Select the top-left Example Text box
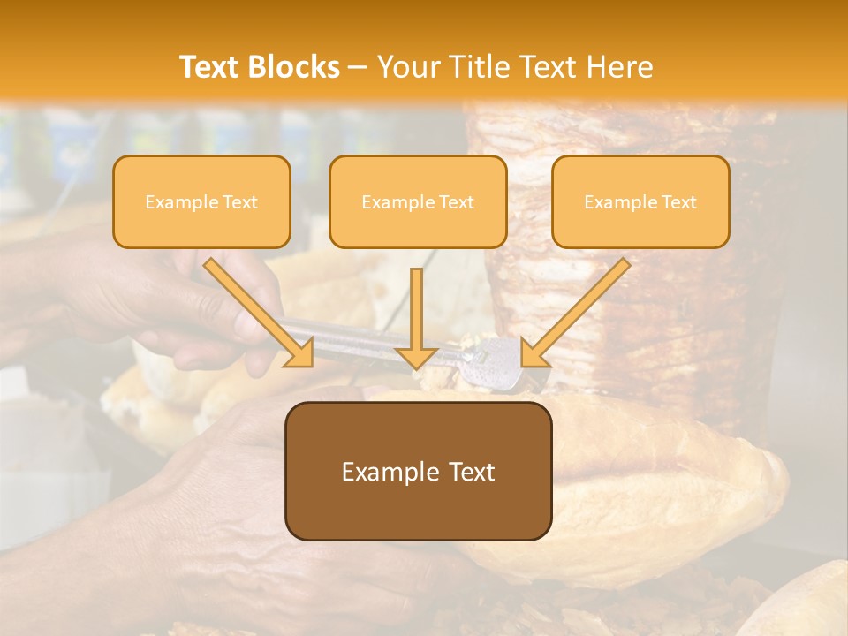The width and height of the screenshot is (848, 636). pos(201,202)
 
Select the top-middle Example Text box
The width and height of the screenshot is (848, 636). pos(418,202)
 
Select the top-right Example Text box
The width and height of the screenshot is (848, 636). pos(640,202)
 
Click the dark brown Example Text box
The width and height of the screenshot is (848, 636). pos(418,472)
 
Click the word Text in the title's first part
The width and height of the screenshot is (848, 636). pos(209,67)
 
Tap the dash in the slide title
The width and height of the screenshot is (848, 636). pos(358,67)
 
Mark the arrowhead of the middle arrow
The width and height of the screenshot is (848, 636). pos(417,357)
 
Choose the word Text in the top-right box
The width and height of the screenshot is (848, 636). pos(678,202)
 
